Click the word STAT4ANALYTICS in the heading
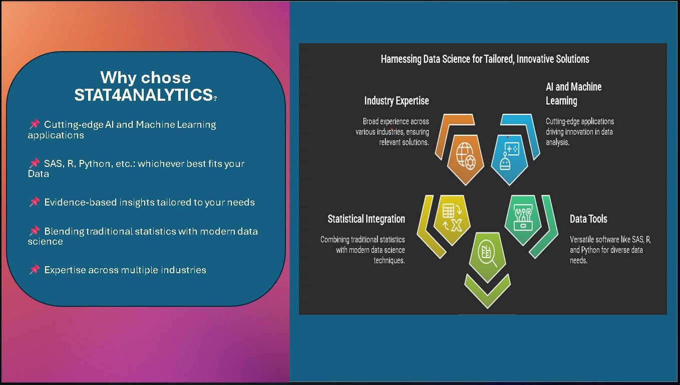[144, 95]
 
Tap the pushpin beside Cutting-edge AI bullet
[35, 124]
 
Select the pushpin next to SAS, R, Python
[35, 163]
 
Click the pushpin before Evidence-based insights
[35, 202]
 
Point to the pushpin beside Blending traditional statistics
[35, 231]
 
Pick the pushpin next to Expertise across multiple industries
[35, 269]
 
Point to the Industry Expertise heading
[397, 101]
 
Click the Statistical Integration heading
[366, 219]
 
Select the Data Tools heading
[588, 219]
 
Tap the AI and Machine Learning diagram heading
[573, 94]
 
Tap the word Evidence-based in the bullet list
[81, 203]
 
